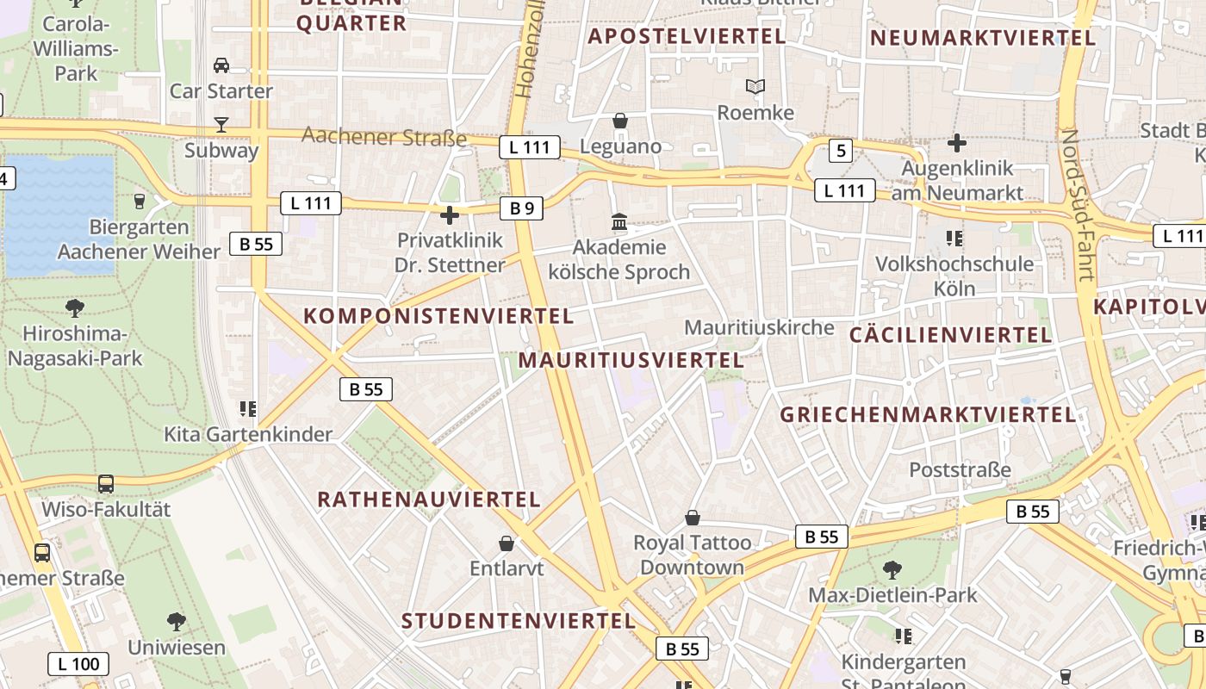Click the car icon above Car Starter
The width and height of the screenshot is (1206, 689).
click(x=221, y=65)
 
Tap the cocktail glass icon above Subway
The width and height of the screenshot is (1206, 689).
click(x=221, y=125)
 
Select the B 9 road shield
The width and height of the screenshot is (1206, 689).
click(x=522, y=208)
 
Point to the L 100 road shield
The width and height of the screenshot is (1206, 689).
click(x=78, y=664)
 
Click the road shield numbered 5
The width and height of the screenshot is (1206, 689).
click(x=841, y=152)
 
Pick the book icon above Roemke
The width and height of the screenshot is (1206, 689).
click(x=755, y=87)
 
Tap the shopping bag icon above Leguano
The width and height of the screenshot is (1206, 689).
click(x=619, y=121)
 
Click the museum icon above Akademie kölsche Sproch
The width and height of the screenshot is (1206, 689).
click(x=619, y=223)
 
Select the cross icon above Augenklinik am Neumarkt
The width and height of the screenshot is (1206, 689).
click(x=956, y=143)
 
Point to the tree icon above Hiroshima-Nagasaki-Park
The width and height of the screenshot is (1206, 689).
click(x=75, y=308)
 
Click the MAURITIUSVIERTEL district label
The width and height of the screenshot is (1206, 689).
click(x=631, y=360)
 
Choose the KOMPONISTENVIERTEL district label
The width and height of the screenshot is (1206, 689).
click(x=438, y=316)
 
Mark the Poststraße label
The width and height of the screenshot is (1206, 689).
click(x=960, y=470)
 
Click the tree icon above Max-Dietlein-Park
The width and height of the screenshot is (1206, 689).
click(x=892, y=569)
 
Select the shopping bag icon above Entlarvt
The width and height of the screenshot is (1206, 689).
click(x=507, y=543)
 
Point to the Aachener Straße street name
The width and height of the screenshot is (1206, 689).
click(x=384, y=137)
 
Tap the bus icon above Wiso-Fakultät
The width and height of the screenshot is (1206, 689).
click(x=106, y=484)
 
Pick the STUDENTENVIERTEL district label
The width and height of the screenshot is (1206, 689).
click(x=519, y=621)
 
